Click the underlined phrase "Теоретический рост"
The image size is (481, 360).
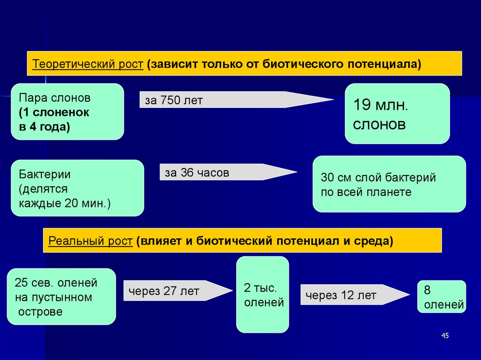tap(87, 64)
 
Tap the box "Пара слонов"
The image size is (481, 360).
tap(67, 112)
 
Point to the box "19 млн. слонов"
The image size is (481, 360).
tap(397, 114)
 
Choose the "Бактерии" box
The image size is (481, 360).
tap(77, 188)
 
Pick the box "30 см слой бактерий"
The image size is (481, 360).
tap(389, 184)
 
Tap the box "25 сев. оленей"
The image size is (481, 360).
tap(61, 297)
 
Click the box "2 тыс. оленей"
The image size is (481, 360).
tap(262, 295)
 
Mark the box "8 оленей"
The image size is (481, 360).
tap(442, 297)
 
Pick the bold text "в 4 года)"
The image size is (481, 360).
tap(45, 126)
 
